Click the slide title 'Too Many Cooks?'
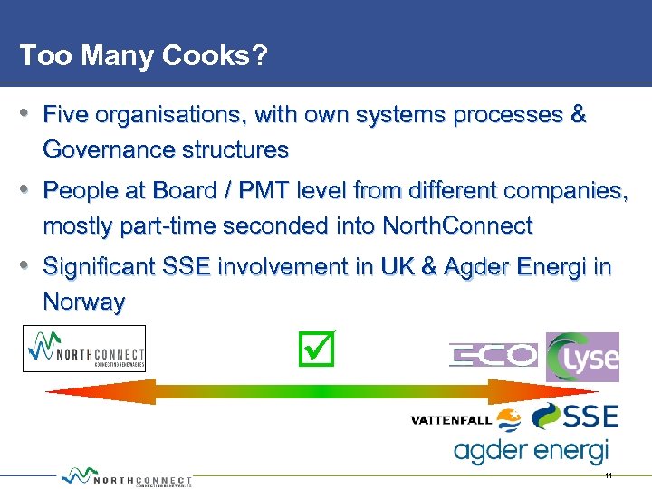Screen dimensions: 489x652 click(143, 56)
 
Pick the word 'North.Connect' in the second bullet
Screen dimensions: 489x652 click(457, 225)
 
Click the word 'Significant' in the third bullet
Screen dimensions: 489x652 click(99, 267)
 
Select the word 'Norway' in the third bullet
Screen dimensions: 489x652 click(83, 302)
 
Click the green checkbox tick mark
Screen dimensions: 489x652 click(316, 349)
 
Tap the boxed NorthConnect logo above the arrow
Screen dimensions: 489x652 click(83, 349)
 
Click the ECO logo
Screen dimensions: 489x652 click(494, 356)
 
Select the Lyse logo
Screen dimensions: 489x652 click(582, 357)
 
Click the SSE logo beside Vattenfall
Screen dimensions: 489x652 click(575, 417)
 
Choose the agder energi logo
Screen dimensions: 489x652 click(531, 450)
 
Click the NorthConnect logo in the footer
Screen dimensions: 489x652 click(127, 477)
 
